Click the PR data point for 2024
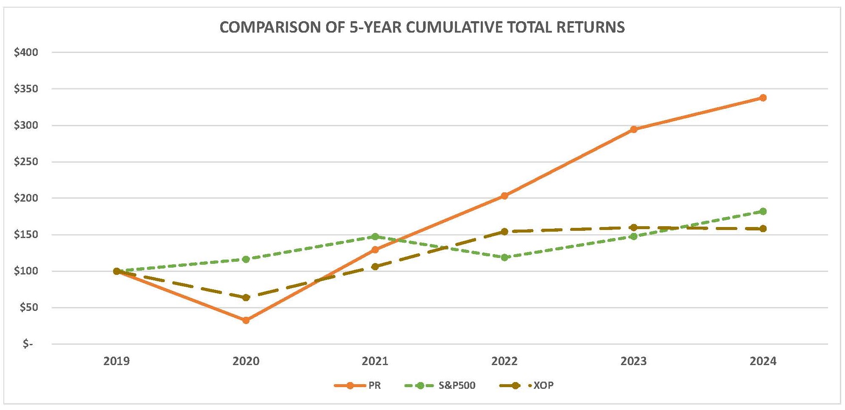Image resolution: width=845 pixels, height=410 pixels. click(x=763, y=98)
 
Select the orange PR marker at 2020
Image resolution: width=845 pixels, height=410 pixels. click(x=246, y=320)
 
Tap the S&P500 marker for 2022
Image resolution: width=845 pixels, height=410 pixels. click(x=504, y=257)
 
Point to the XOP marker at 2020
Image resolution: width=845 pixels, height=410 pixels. click(x=246, y=297)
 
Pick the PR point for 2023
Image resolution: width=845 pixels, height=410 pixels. click(x=634, y=129)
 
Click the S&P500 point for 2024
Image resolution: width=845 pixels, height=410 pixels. click(x=763, y=211)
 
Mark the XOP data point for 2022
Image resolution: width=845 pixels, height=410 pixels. click(x=504, y=232)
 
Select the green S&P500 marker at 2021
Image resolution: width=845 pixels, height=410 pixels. click(x=375, y=236)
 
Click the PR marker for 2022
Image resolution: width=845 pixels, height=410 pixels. click(x=504, y=196)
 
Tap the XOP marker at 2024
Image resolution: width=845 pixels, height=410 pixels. click(x=763, y=229)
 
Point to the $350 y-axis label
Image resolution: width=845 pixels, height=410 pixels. click(x=26, y=89)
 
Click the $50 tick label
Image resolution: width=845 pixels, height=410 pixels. click(x=29, y=307)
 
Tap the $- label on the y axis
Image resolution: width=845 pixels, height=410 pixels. click(x=28, y=344)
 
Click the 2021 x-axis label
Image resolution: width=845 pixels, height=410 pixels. click(x=375, y=361)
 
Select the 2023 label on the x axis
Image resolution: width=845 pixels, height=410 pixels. click(x=634, y=361)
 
